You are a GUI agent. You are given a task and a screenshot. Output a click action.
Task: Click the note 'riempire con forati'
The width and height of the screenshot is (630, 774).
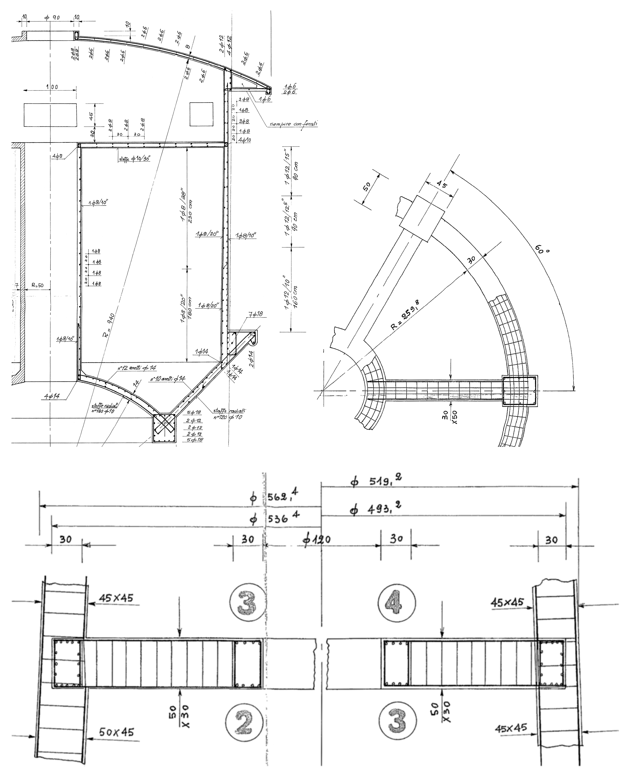click(293, 124)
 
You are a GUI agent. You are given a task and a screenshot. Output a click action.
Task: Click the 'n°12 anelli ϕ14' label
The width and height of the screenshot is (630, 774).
click(137, 368)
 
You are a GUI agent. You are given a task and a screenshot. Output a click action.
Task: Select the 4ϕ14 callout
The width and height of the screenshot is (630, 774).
click(52, 397)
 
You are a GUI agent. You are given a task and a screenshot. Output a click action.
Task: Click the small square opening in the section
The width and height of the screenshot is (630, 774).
click(202, 114)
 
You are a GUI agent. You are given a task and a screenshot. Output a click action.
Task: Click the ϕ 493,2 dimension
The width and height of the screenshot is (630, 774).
click(375, 510)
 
